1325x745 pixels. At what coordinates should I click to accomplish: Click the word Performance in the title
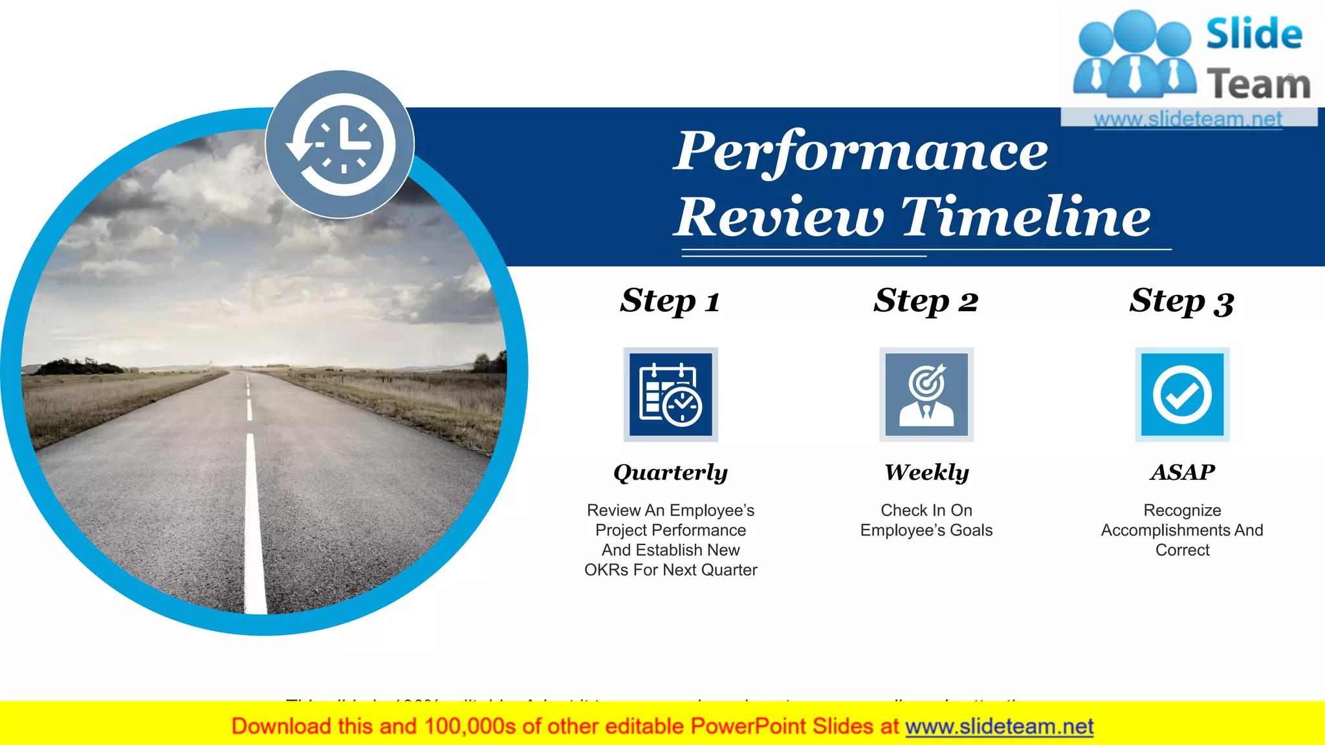tap(860, 151)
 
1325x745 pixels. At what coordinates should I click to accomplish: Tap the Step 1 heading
tap(670, 301)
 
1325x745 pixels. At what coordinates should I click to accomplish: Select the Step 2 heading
tap(926, 301)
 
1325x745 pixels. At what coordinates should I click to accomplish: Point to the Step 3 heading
tap(1181, 301)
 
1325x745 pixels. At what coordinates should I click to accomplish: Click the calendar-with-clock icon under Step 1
tap(670, 394)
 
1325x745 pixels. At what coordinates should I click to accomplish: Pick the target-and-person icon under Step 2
tap(926, 394)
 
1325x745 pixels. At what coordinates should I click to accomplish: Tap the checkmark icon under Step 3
tap(1182, 394)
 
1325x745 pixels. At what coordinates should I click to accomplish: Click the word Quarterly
tap(670, 473)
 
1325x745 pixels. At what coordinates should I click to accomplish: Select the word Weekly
tap(926, 472)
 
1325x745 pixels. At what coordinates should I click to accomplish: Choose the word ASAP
tap(1182, 472)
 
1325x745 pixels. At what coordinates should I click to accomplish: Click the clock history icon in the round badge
tap(340, 144)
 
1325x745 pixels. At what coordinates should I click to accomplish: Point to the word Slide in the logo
tap(1254, 34)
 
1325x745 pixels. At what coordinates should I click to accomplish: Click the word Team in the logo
tap(1258, 85)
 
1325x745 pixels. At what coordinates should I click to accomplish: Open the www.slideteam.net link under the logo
tap(1188, 119)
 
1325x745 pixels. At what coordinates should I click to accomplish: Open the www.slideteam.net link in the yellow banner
tap(999, 727)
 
